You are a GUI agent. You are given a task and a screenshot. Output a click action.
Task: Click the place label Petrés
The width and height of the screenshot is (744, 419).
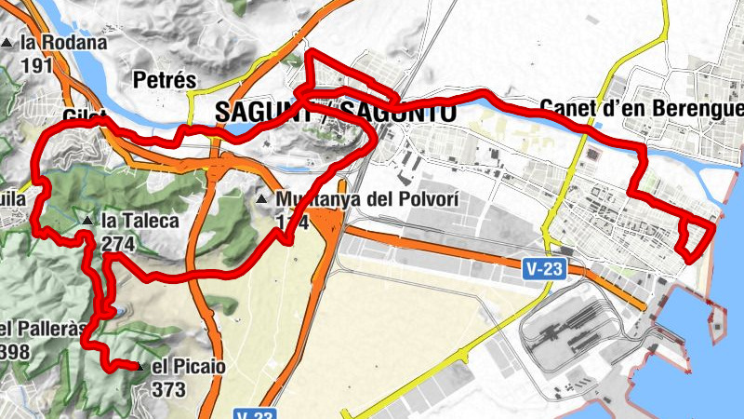click(x=166, y=80)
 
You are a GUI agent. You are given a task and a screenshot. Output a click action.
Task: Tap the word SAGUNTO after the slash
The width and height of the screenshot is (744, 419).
click(x=398, y=112)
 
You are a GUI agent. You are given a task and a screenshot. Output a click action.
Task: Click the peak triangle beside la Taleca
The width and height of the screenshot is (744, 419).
click(x=87, y=221)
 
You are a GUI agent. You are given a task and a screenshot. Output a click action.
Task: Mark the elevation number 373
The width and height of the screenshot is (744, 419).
click(x=167, y=388)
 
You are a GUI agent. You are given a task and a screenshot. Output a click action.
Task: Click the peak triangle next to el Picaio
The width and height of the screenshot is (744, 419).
click(x=139, y=367)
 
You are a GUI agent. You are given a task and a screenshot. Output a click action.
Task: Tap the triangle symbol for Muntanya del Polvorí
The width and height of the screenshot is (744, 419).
click(x=262, y=199)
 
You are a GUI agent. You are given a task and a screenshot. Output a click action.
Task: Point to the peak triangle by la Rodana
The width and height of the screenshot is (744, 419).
click(x=8, y=43)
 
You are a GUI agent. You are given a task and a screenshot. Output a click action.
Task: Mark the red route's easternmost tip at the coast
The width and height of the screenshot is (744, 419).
click(x=713, y=224)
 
